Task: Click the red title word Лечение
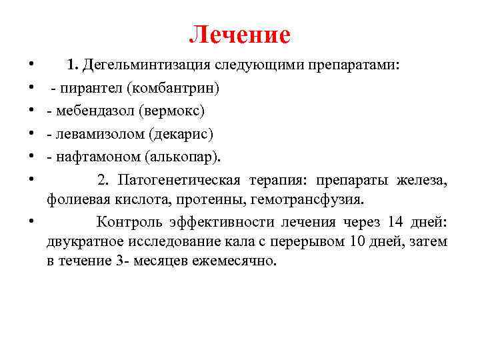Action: pos(240,35)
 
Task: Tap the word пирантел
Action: pos(85,88)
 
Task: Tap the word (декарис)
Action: pos(184,133)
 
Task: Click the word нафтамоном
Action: pos(93,157)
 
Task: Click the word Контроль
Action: pos(129,223)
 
